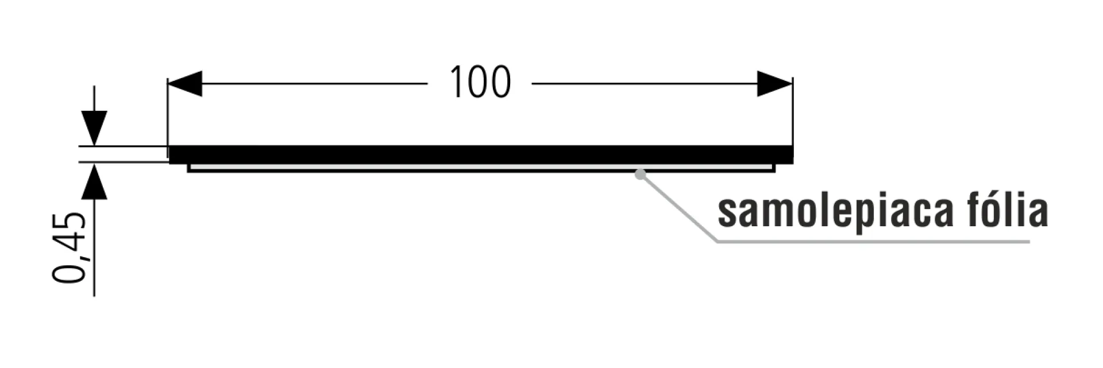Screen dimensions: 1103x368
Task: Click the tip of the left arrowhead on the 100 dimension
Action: coord(168,84)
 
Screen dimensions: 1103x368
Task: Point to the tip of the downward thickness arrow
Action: coord(94,146)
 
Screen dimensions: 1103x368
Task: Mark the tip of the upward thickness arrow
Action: coord(94,164)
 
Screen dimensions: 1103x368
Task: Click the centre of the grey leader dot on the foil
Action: coord(640,174)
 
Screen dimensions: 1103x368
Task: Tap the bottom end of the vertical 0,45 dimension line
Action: coord(94,296)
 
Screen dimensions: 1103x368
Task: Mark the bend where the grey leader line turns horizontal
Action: coord(718,241)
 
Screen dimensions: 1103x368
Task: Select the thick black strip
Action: coord(481,154)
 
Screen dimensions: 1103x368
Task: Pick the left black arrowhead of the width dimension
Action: coord(185,84)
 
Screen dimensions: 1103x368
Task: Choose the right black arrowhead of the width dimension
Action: coord(775,84)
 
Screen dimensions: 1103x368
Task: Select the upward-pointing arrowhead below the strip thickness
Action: coord(94,181)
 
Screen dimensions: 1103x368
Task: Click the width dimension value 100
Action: coord(480,83)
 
